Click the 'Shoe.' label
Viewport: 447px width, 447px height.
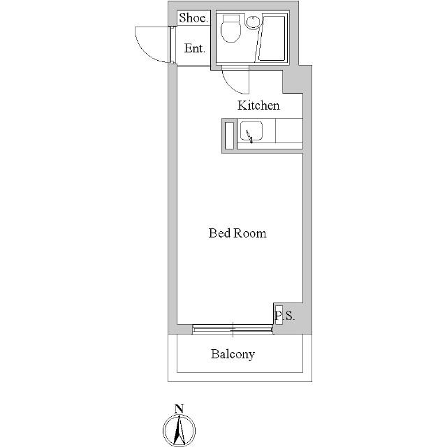[x=193, y=18]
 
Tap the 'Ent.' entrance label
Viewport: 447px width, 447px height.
[x=194, y=48]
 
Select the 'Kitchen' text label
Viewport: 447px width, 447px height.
[x=258, y=105]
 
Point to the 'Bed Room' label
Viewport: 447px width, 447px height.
[x=237, y=233]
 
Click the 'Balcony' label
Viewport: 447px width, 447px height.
[x=233, y=354]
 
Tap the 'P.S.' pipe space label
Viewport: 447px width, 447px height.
[x=284, y=316]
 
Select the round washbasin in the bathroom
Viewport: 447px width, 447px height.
[x=252, y=22]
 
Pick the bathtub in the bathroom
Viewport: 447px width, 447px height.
[x=272, y=38]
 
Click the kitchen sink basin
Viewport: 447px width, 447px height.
[x=251, y=131]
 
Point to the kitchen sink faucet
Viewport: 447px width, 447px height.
[x=249, y=136]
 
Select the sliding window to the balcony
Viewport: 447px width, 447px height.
[x=233, y=329]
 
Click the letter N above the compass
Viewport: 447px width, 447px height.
[x=179, y=409]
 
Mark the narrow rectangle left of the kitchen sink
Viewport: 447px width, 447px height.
[x=229, y=135]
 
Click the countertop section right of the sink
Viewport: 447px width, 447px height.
[x=288, y=131]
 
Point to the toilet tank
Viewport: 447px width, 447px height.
[x=231, y=19]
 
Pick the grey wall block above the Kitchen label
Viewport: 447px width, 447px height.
[x=293, y=81]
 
